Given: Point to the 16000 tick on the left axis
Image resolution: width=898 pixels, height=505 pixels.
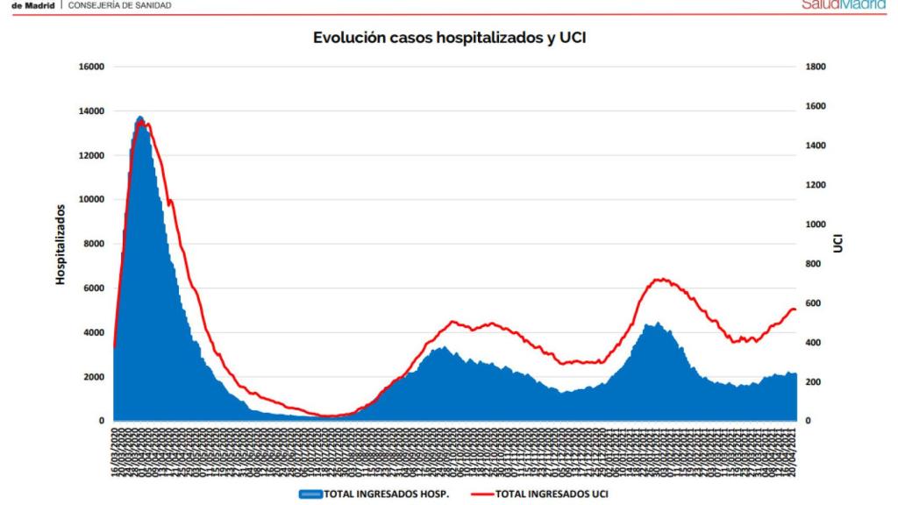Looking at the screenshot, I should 91,67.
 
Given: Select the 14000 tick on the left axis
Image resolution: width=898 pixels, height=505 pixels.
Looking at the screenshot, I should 91,111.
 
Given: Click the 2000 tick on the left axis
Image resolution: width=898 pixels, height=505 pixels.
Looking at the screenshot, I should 94,377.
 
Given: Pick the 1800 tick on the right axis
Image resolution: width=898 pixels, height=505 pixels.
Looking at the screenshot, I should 816,67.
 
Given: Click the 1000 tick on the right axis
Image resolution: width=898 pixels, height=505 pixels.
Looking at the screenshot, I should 816,224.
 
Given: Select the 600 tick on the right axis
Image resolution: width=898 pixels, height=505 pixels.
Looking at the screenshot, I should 814,303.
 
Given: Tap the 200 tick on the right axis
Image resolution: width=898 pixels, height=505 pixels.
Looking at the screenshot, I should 814,382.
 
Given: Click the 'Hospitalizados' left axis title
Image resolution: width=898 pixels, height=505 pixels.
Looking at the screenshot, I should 61,244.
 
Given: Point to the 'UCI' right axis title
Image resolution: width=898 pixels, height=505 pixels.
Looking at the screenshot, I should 838,244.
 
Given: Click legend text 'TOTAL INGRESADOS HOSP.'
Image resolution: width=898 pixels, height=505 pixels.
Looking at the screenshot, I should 387,494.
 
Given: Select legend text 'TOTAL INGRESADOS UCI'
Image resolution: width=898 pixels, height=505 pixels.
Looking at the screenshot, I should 552,494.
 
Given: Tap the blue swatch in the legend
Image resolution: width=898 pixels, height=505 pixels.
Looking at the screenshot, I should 311,494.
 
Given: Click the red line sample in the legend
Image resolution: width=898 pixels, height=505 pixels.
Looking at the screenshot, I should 474,494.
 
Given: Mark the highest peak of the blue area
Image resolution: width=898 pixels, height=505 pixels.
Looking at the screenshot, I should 140,117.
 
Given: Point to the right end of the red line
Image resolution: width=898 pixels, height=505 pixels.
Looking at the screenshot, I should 795,309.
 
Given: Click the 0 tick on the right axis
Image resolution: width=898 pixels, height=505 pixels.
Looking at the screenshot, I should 809,421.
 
